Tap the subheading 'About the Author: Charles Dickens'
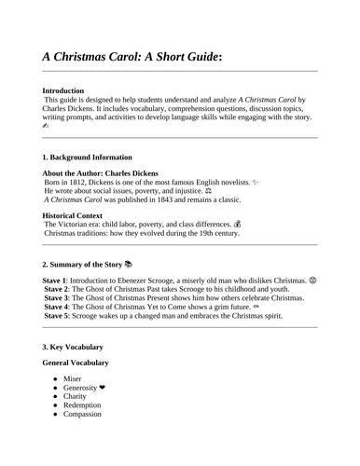[x=100, y=174]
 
